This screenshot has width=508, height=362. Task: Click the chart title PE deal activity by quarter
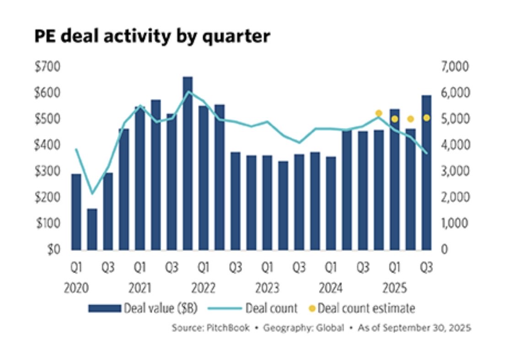click(152, 36)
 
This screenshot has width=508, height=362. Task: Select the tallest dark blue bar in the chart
click(188, 163)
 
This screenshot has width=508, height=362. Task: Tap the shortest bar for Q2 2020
click(92, 229)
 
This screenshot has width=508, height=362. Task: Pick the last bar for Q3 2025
click(427, 173)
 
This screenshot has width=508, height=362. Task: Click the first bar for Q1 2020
click(76, 212)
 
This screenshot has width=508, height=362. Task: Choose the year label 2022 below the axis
click(204, 289)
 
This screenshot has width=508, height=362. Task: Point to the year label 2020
click(76, 289)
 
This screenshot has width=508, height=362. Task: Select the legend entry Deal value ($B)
click(159, 308)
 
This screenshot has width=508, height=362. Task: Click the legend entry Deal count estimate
click(367, 308)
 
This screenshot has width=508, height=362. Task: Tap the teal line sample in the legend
click(225, 309)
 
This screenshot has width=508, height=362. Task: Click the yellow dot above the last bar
click(427, 118)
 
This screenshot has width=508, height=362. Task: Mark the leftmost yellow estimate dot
click(378, 113)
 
